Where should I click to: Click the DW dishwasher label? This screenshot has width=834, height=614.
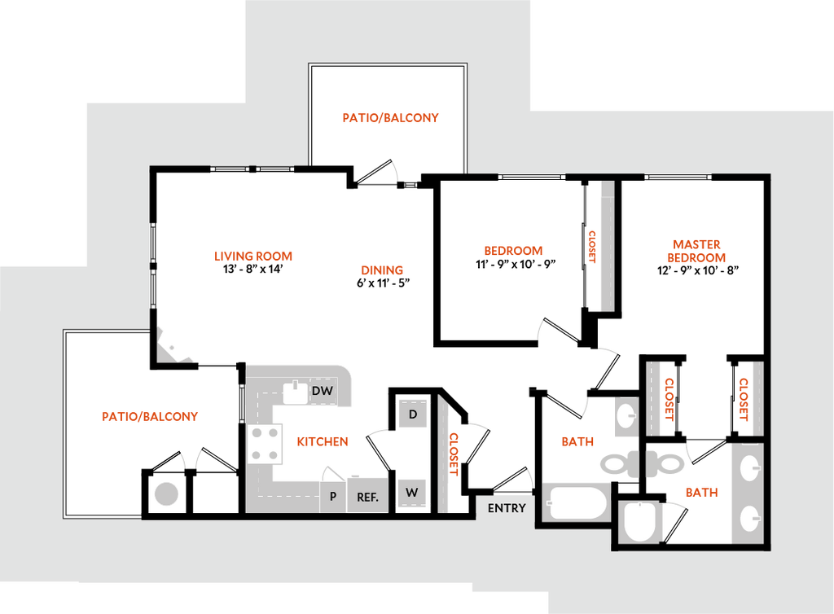click(323, 392)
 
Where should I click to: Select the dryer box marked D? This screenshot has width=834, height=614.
click(413, 414)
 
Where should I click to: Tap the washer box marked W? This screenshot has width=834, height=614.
click(412, 493)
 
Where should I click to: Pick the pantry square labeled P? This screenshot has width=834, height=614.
click(332, 496)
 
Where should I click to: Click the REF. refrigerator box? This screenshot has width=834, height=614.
click(367, 496)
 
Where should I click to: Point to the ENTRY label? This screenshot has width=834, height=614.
click(507, 508)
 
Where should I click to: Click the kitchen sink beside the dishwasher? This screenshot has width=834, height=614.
click(293, 392)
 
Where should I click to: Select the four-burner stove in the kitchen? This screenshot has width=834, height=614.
click(264, 444)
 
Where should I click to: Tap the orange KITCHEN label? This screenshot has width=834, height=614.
click(323, 441)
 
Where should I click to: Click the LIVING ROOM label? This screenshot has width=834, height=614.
click(252, 256)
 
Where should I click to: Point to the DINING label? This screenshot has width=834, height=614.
click(382, 270)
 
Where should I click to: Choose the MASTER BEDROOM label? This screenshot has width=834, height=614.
click(697, 251)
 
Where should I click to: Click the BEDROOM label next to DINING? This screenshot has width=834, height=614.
click(513, 251)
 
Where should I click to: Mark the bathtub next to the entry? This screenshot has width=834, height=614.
click(577, 503)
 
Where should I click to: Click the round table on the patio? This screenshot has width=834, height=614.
click(166, 493)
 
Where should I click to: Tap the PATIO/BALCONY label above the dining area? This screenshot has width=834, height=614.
click(390, 117)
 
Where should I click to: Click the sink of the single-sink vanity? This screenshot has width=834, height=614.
click(627, 416)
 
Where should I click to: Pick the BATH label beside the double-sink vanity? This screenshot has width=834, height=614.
click(700, 493)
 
